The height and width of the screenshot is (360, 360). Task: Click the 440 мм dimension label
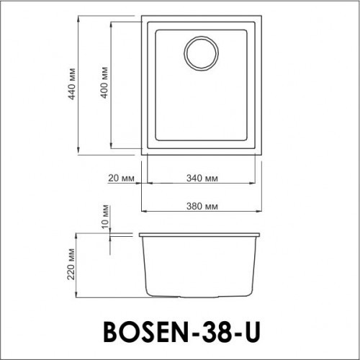(71, 84)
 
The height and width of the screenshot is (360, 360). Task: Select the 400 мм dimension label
(104, 83)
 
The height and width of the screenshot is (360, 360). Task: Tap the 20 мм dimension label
(121, 178)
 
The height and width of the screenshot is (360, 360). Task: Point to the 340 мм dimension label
(202, 178)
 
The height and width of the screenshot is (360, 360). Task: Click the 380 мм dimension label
(202, 206)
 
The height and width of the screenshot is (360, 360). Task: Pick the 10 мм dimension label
(105, 217)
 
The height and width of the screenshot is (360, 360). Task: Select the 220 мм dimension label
(71, 264)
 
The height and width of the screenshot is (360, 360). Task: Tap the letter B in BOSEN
(113, 332)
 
